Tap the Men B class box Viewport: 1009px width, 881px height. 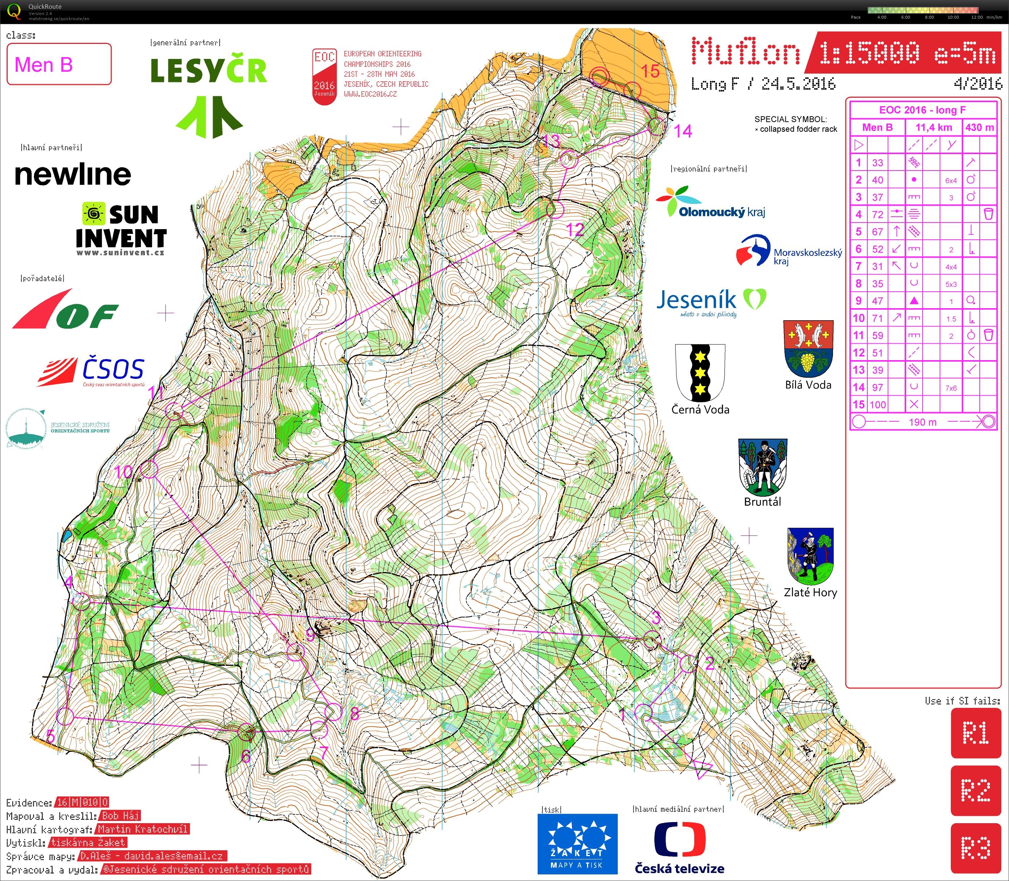[x=59, y=64]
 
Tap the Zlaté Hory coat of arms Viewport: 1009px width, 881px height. [x=810, y=556]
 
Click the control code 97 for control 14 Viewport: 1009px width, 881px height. [x=877, y=387]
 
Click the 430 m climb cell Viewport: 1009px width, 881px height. [x=979, y=128]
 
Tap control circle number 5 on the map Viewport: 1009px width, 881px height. [x=66, y=716]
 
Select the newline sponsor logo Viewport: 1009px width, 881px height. [x=73, y=175]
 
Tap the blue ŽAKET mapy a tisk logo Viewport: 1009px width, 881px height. [x=577, y=844]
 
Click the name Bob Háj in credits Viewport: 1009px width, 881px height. [x=120, y=815]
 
